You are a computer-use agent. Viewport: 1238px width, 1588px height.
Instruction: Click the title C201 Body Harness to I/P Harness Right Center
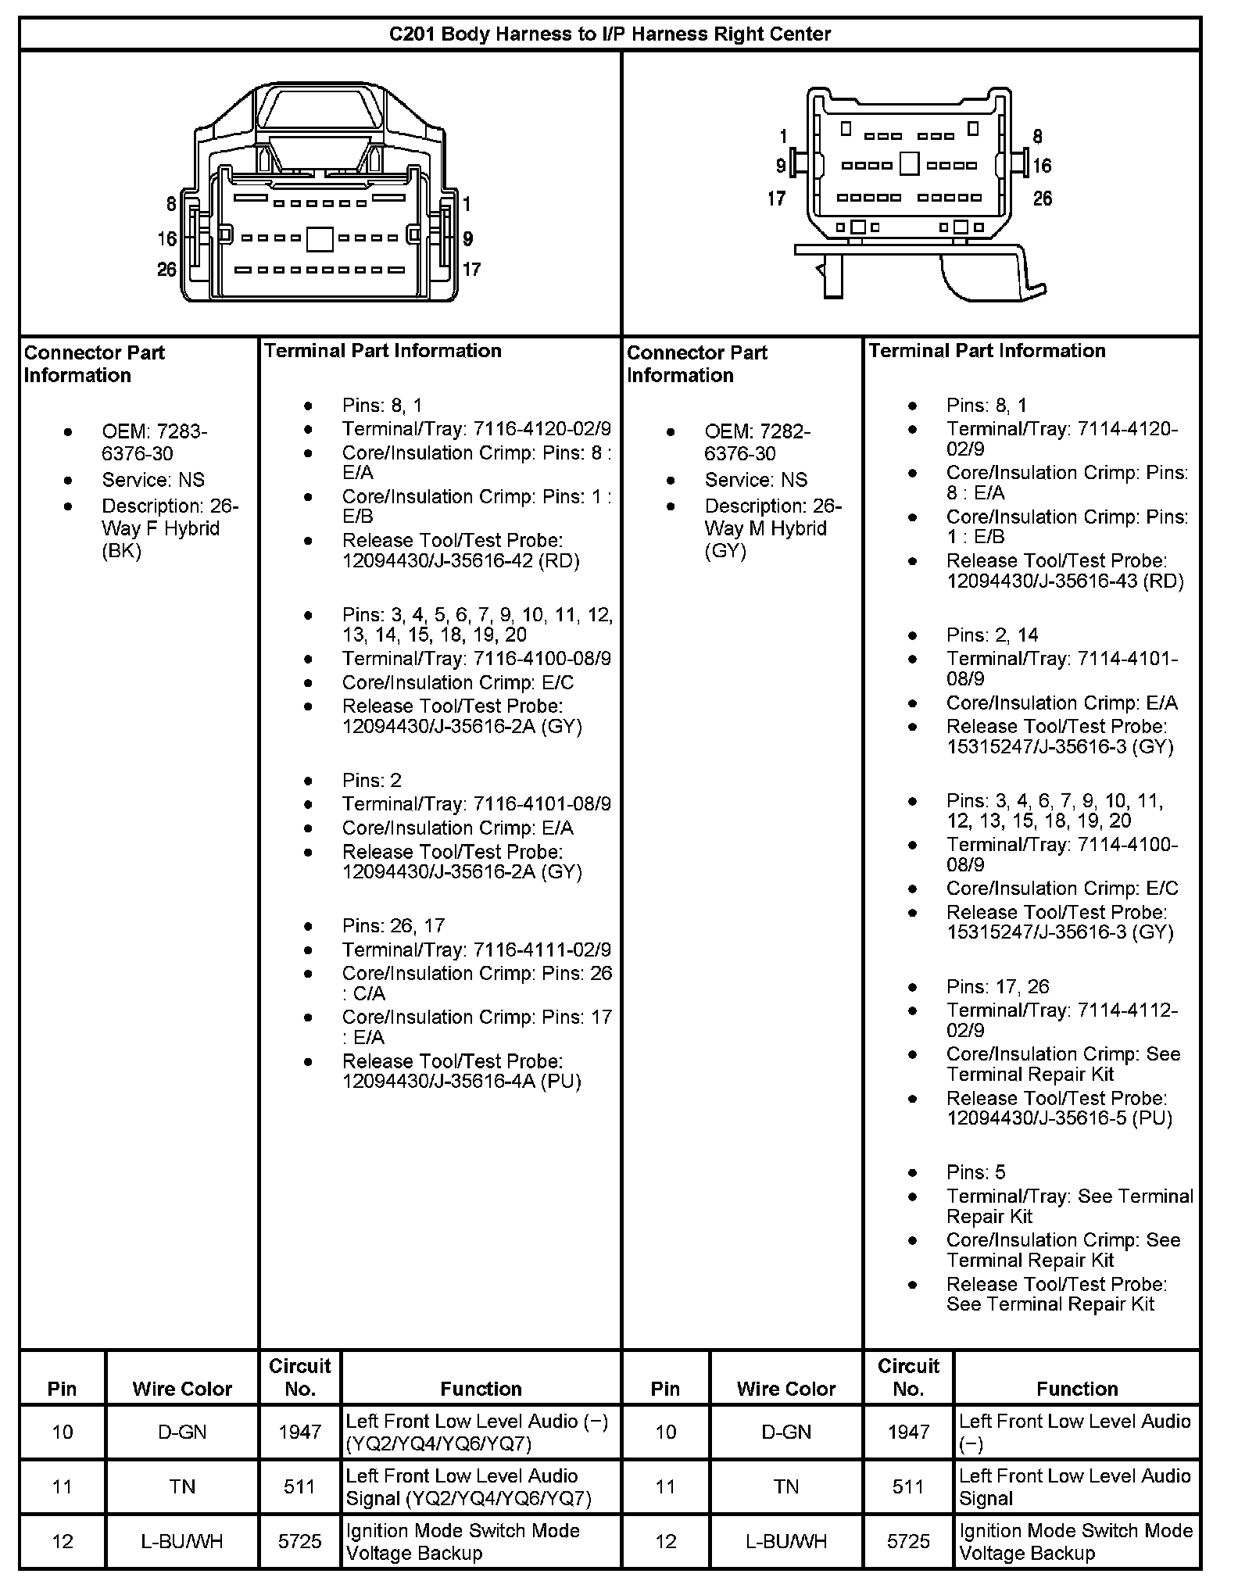(x=610, y=34)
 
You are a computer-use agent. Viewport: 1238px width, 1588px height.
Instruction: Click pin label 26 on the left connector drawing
(x=166, y=270)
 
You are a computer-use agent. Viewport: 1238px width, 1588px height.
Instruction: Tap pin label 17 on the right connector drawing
(x=776, y=198)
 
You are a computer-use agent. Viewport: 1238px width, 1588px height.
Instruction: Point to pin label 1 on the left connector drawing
(x=467, y=205)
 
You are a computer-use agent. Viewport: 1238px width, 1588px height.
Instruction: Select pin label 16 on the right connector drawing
(x=1042, y=166)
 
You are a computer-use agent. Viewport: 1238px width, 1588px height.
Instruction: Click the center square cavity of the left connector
(x=320, y=238)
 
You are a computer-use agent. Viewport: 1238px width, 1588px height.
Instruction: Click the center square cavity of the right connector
(x=909, y=164)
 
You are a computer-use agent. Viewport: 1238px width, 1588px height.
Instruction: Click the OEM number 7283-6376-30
(x=155, y=442)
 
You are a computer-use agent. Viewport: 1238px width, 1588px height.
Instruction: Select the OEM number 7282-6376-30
(x=757, y=442)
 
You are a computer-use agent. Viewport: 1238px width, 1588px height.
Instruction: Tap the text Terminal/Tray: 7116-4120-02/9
(x=476, y=429)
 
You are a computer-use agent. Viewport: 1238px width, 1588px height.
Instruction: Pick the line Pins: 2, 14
(x=992, y=635)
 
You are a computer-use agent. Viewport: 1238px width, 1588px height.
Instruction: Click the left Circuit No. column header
(x=300, y=1377)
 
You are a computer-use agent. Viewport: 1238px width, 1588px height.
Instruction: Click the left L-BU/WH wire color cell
(x=182, y=1541)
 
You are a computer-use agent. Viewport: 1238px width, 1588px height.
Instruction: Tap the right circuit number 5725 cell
(x=908, y=1541)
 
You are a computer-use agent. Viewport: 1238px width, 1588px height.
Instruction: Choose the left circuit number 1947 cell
(x=300, y=1432)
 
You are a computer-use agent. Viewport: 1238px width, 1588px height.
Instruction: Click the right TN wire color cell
(x=785, y=1486)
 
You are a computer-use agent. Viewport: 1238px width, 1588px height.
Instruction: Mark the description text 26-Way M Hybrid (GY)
(x=772, y=528)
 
